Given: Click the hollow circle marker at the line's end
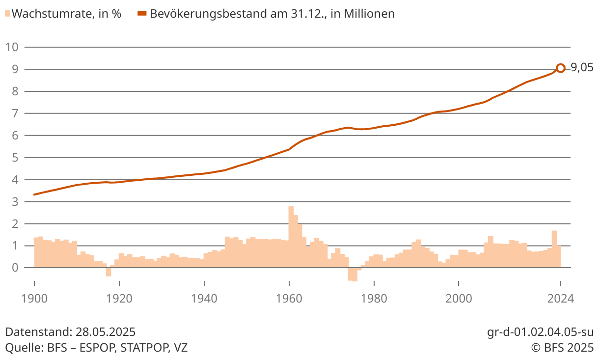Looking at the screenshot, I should click(560, 68).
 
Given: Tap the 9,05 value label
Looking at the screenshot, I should click(582, 68).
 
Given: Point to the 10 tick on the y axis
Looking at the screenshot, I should click(12, 47).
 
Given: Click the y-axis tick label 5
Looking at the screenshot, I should click(15, 158).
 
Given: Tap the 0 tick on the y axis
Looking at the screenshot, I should click(15, 268).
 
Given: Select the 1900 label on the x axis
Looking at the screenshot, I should click(34, 298).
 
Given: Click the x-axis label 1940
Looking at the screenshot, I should click(204, 298).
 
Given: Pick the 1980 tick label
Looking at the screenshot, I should click(374, 298).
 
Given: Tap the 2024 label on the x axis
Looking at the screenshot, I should click(560, 298).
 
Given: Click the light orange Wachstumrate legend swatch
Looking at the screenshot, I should click(7, 14).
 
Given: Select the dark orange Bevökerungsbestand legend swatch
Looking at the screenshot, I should click(142, 14).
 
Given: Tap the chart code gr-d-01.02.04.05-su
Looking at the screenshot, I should click(540, 332).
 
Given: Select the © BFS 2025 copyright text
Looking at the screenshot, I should click(562, 348).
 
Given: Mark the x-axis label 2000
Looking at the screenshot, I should click(459, 298).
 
